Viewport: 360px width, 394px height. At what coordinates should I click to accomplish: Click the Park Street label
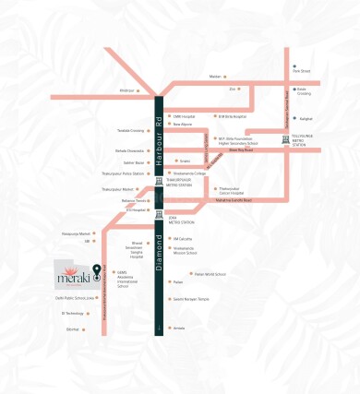[302, 69]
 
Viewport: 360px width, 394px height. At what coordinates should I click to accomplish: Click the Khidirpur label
[128, 90]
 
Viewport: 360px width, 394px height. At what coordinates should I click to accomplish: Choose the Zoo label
[232, 90]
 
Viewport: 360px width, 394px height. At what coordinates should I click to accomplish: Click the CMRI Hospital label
[184, 117]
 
